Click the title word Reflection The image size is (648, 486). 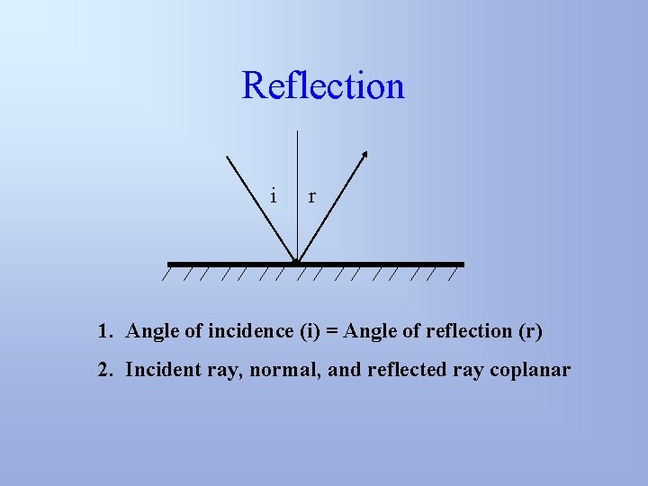point(323,86)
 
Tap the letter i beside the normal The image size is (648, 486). point(274,194)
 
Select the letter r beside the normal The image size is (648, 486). point(311,195)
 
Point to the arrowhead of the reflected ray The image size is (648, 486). point(364,155)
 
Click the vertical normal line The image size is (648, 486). point(297,180)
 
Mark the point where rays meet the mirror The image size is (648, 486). point(297,263)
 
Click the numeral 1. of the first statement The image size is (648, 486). point(105,331)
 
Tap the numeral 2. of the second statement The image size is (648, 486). point(105,370)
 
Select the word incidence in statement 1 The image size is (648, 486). point(251,331)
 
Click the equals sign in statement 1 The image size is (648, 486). point(331,331)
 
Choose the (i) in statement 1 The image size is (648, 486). point(309,331)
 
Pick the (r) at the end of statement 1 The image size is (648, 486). point(530,331)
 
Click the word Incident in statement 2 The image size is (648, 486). point(158,370)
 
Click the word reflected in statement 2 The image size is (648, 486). point(409,370)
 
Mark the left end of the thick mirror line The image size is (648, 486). point(170,264)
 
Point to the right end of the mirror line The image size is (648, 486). point(462,264)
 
